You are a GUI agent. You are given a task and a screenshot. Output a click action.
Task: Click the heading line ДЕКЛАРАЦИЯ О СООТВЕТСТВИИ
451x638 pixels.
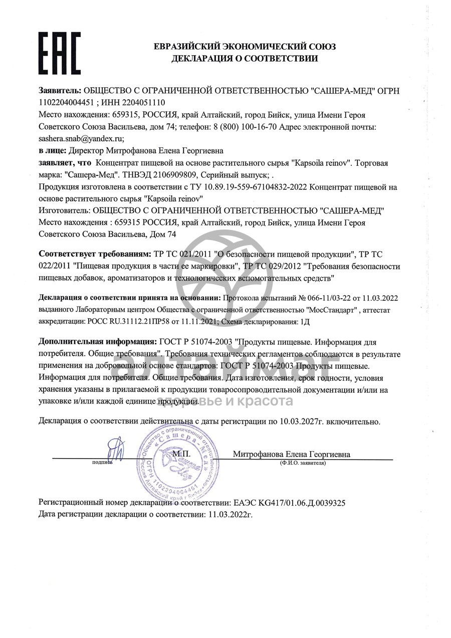point(245,59)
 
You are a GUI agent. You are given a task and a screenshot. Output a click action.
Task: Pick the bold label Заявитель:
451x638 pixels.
point(60,90)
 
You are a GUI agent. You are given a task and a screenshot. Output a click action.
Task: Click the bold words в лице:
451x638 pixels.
point(52,150)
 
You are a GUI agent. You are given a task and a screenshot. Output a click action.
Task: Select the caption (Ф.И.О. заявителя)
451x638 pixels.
point(303,463)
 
